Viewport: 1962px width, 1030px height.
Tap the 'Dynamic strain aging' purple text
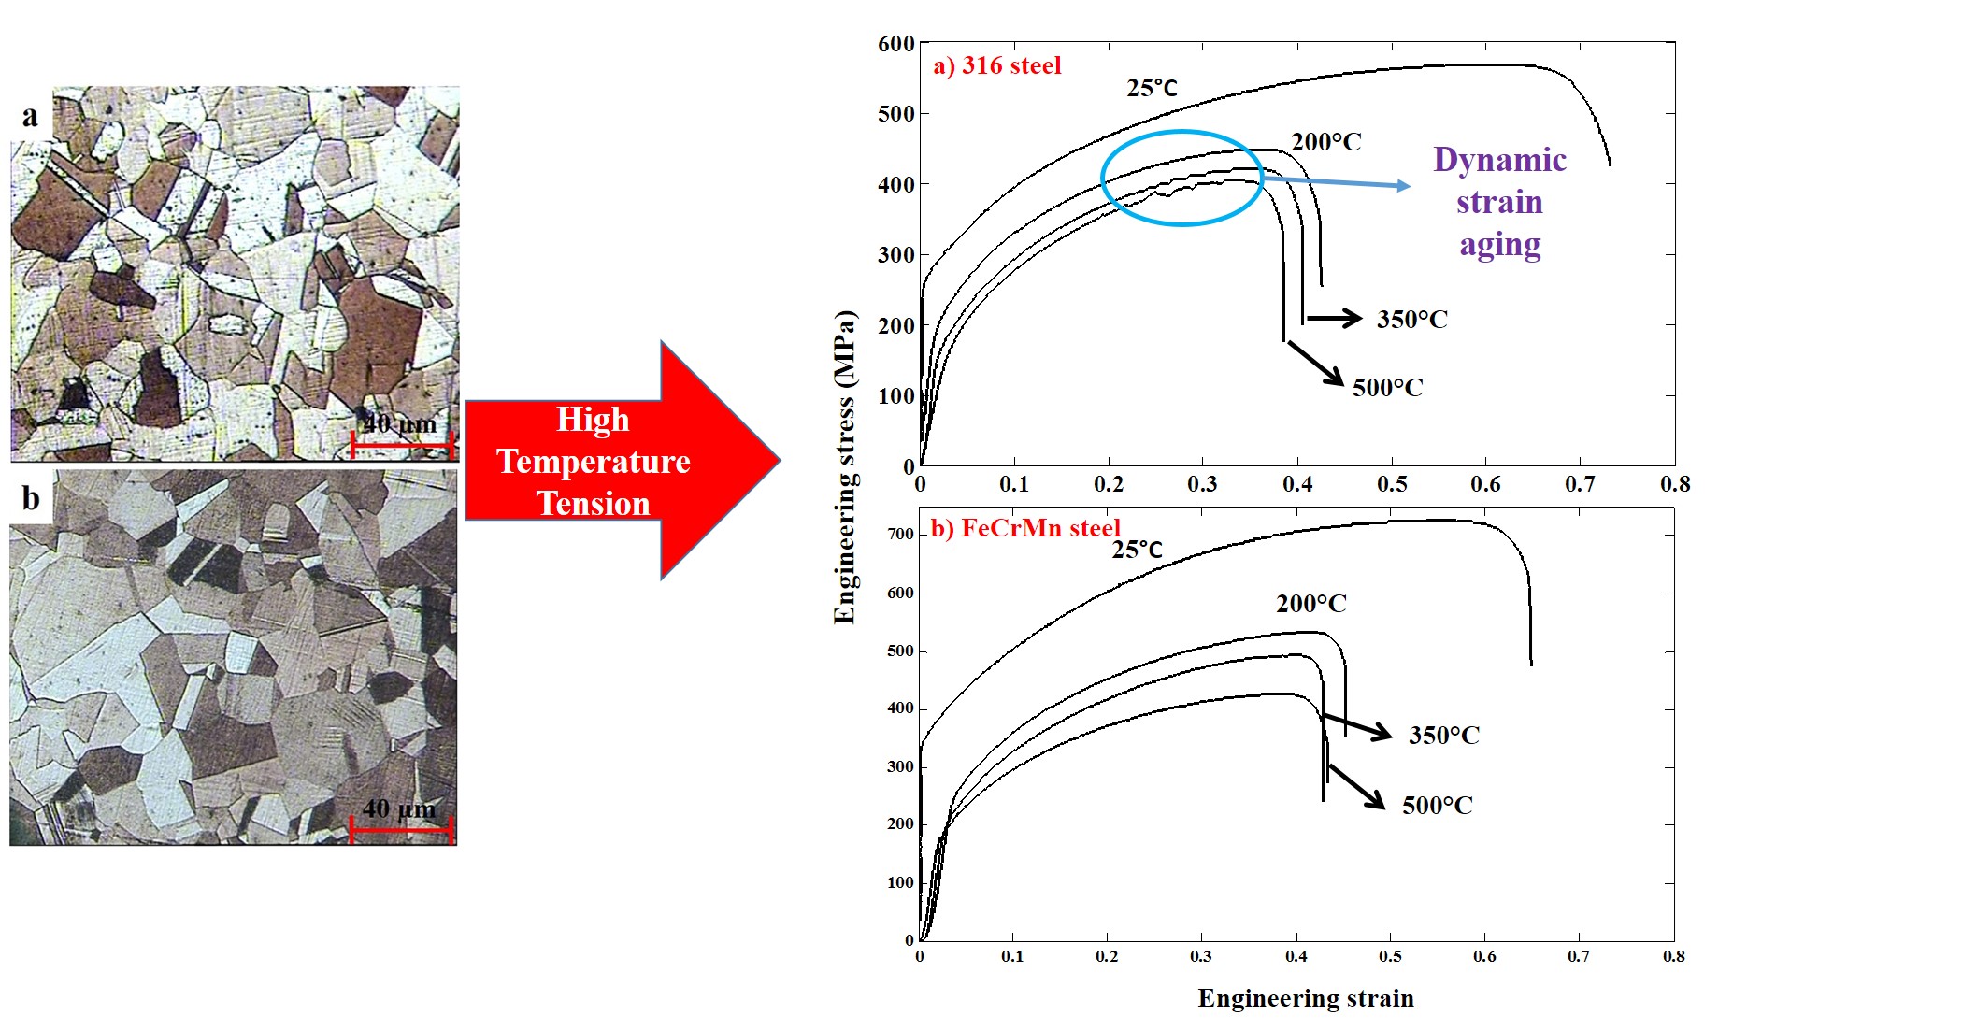(1499, 202)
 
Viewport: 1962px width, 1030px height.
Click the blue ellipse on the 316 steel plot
(1103, 178)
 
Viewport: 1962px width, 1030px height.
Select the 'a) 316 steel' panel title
(997, 65)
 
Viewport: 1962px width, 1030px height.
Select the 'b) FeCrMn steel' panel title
(1024, 528)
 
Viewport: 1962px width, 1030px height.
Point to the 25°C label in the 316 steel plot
(1152, 88)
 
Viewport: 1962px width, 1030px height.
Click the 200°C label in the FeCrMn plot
(1310, 604)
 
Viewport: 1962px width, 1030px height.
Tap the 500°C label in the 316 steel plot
(1387, 388)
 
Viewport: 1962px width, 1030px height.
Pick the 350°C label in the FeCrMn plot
(1443, 736)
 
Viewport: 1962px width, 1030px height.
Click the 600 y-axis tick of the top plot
(895, 44)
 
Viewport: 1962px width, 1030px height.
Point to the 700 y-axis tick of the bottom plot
(900, 535)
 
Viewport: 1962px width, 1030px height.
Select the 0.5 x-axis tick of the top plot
(1391, 484)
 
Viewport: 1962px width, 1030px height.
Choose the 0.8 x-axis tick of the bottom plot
(1673, 956)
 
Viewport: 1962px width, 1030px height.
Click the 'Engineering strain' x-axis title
(1305, 998)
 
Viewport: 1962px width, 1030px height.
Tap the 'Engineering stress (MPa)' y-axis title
(845, 467)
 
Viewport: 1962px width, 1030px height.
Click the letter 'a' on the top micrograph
(31, 116)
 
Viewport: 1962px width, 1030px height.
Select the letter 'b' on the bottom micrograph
(31, 498)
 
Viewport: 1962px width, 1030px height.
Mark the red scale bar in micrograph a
(402, 445)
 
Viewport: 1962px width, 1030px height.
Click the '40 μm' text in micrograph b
(398, 808)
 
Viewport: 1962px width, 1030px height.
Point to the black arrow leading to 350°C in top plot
(1334, 319)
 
